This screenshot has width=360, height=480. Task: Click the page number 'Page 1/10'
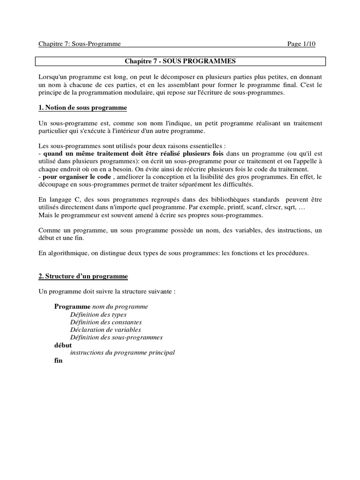[301, 44]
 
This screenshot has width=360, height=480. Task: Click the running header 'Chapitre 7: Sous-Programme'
[80, 44]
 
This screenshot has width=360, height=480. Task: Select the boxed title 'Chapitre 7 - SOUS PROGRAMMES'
[180, 61]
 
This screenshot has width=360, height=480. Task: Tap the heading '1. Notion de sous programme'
[82, 108]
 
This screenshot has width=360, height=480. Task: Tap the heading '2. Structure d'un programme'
[83, 277]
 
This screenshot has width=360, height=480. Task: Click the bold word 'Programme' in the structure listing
[69, 307]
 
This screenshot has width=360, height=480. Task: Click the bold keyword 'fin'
[58, 361]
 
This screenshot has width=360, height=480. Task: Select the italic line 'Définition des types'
[98, 315]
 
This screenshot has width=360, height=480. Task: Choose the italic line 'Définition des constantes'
[106, 322]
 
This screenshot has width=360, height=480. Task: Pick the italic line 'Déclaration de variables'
[105, 330]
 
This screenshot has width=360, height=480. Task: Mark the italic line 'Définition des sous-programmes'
[116, 337]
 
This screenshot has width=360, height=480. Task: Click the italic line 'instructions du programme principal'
[122, 352]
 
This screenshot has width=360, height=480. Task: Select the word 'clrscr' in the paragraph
[276, 207]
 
